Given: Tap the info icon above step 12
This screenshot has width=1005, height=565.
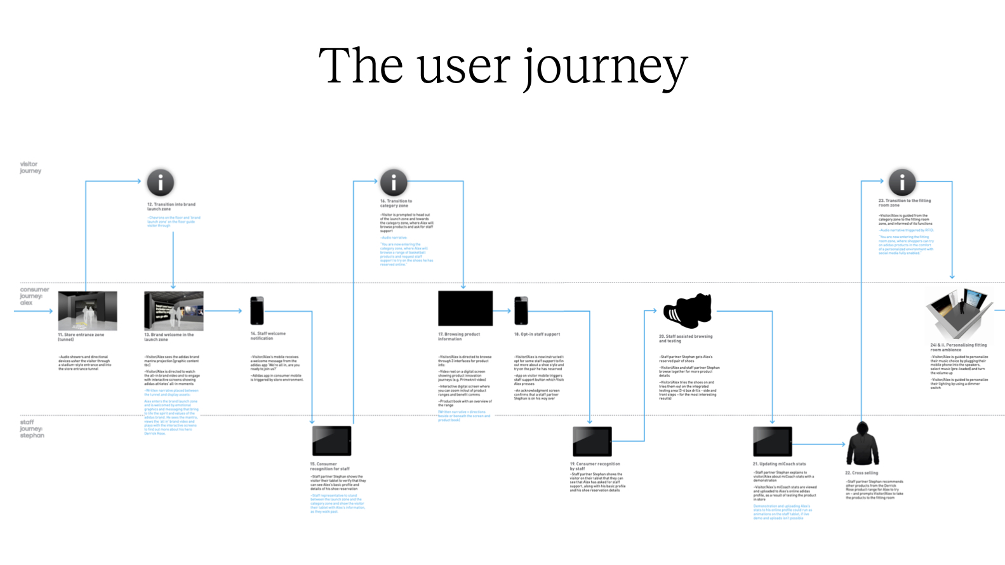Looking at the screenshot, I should [161, 183].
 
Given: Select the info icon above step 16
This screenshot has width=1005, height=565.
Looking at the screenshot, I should [394, 183].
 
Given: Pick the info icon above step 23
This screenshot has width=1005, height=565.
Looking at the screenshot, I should [902, 182].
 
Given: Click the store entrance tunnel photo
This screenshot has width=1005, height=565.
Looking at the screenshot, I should [88, 310].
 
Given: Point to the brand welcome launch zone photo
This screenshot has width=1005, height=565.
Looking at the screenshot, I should [174, 310].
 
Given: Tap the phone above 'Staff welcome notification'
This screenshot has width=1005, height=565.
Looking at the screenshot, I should [257, 310].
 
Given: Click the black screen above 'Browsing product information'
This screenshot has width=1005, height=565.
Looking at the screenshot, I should [465, 309].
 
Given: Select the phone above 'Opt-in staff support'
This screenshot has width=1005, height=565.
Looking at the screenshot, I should [521, 310].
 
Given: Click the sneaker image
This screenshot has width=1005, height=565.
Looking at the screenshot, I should [688, 310].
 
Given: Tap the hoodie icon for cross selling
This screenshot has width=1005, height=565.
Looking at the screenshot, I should [863, 444].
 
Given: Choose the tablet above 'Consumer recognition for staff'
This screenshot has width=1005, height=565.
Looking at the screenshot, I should [331, 441].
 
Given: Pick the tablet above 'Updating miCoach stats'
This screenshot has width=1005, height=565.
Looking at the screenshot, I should [773, 441].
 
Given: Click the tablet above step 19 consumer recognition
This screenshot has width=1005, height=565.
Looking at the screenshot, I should [592, 441].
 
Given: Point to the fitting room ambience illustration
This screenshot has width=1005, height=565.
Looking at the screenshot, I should [959, 314].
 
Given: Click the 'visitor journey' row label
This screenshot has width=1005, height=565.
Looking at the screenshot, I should [30, 168].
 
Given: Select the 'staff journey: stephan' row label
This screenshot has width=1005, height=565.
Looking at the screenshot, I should [32, 429].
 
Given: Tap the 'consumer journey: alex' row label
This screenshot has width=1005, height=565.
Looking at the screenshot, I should [34, 296].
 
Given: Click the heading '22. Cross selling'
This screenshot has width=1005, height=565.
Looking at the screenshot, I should [862, 473].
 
